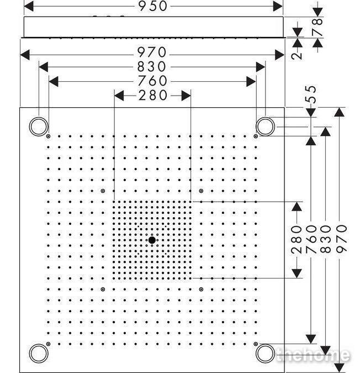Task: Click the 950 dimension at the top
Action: [153, 6]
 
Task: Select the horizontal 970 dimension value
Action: [153, 52]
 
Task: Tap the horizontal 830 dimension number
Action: [153, 67]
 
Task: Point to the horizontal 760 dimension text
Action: [153, 81]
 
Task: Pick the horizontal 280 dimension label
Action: [153, 96]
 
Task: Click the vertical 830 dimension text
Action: [326, 238]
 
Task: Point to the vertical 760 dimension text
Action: [311, 238]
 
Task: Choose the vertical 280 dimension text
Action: [297, 239]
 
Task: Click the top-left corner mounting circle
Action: [38, 126]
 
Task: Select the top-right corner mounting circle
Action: [266, 126]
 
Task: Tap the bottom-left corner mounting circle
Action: [38, 352]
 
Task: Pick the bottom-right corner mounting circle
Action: [266, 352]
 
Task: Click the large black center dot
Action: [152, 240]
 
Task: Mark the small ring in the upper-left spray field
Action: [103, 191]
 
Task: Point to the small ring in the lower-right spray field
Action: [201, 289]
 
